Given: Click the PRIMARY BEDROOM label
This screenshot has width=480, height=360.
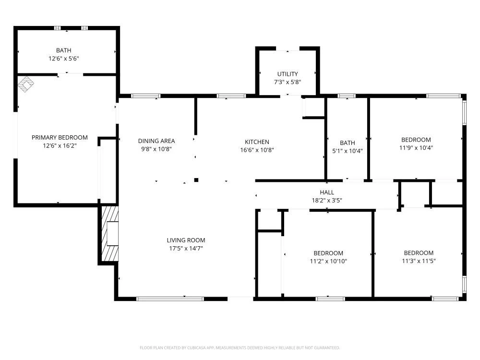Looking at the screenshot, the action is point(60,137).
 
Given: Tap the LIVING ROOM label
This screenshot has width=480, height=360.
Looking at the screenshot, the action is point(186,240).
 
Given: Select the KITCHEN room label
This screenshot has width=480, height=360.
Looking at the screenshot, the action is point(257,142).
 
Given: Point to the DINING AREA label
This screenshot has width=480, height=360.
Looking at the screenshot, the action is point(156,141).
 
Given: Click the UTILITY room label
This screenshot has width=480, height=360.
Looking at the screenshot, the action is point(288,74).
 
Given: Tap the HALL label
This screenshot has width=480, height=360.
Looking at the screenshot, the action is point(327,192).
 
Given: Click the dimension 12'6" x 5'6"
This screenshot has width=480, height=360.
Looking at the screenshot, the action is point(64,58).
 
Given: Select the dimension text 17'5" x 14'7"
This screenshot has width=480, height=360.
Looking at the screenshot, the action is point(186,248).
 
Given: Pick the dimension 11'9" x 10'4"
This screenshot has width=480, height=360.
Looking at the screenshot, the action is point(416,147).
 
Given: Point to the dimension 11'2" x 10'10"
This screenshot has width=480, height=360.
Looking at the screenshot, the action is point(328,261).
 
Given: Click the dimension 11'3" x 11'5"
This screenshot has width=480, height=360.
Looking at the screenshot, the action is point(419,261).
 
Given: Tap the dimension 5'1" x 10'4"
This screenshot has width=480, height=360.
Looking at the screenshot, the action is point(348,151).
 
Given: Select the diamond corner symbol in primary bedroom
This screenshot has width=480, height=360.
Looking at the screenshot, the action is point(26,84).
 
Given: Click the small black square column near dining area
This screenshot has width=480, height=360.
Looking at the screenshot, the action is point(196,180).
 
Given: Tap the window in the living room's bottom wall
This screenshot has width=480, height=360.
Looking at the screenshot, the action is point(170,299).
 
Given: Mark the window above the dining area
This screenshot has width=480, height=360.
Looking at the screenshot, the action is point(146,96).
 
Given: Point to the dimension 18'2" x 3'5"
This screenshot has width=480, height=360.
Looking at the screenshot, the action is point(327,201).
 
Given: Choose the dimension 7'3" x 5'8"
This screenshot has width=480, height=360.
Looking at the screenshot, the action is point(288,82).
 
